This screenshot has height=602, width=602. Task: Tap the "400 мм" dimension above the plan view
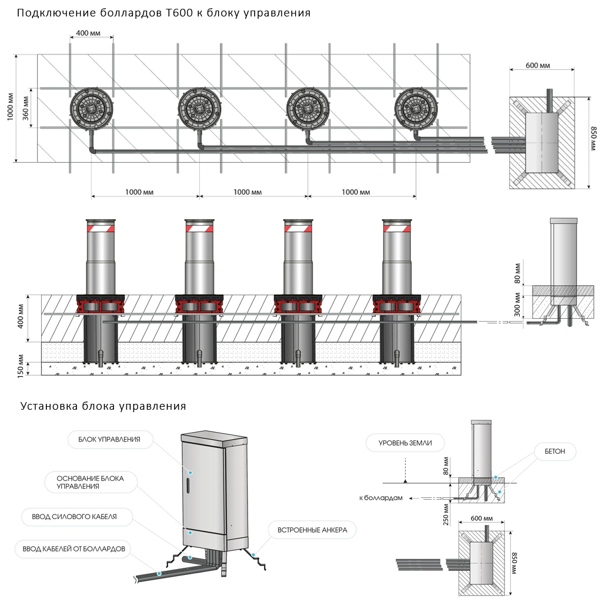click(x=88, y=33)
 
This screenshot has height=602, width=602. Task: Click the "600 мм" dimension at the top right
click(x=537, y=65)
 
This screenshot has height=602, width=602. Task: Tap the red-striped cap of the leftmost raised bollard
click(x=102, y=226)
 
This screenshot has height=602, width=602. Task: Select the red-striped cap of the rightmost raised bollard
click(x=398, y=226)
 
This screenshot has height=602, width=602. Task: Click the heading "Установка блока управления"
click(x=103, y=406)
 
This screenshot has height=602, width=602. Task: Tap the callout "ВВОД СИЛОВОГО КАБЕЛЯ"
click(x=78, y=517)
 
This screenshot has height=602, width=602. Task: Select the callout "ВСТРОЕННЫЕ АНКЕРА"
click(x=312, y=530)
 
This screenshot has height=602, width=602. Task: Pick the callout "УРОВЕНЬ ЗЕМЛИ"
click(x=405, y=443)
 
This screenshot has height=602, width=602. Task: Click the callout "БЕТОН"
click(x=555, y=451)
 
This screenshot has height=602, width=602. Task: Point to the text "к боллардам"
click(x=380, y=498)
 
